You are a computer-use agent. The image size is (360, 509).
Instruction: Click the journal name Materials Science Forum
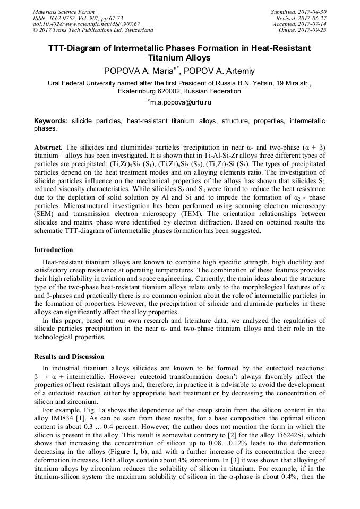click(64, 12)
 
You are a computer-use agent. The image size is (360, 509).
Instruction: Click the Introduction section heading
click(53, 249)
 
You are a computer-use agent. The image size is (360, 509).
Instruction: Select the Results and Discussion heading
click(69, 356)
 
